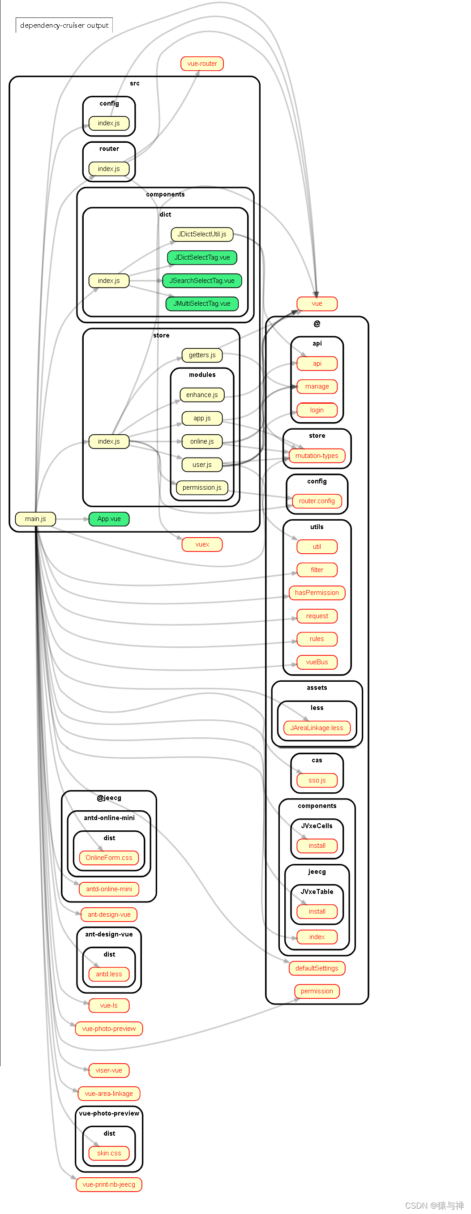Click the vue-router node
pyautogui.click(x=202, y=64)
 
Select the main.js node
pyautogui.click(x=35, y=519)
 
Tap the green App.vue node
pyautogui.click(x=109, y=519)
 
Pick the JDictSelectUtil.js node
pyautogui.click(x=202, y=234)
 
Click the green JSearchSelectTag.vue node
pyautogui.click(x=202, y=280)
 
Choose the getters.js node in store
pyautogui.click(x=202, y=355)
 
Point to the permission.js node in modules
pyautogui.click(x=202, y=487)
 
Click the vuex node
pyautogui.click(x=202, y=544)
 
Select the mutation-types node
pyautogui.click(x=317, y=456)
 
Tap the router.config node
pyautogui.click(x=317, y=501)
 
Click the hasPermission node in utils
pyautogui.click(x=317, y=593)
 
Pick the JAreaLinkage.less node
pyautogui.click(x=317, y=728)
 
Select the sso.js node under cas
pyautogui.click(x=317, y=780)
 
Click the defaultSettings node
pyautogui.click(x=317, y=968)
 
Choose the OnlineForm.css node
pyautogui.click(x=109, y=858)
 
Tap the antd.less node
pyautogui.click(x=109, y=974)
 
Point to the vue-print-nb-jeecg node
pyautogui.click(x=109, y=1184)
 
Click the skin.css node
pyautogui.click(x=109, y=1153)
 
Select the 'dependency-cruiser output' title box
pyautogui.click(x=64, y=26)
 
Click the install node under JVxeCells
pyautogui.click(x=317, y=846)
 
